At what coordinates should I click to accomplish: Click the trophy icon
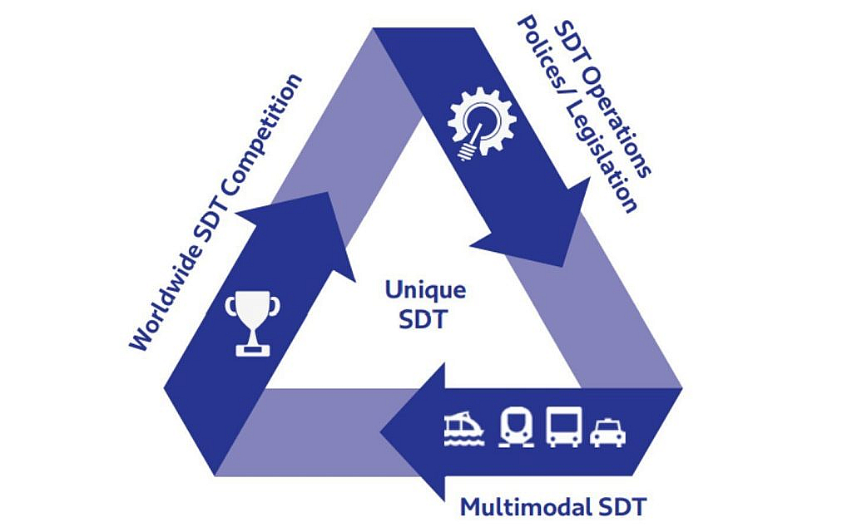pyautogui.click(x=253, y=323)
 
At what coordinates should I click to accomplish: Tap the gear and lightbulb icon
pyautogui.click(x=482, y=125)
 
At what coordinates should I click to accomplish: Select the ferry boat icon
pyautogui.click(x=464, y=429)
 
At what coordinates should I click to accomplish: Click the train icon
pyautogui.click(x=516, y=427)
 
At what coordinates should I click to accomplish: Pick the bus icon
pyautogui.click(x=563, y=426)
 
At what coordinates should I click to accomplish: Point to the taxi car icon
pyautogui.click(x=608, y=432)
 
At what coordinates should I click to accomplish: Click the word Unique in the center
pyautogui.click(x=425, y=290)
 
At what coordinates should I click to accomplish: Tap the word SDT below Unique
pyautogui.click(x=423, y=319)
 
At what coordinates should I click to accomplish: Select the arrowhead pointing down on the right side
pyautogui.click(x=538, y=223)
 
